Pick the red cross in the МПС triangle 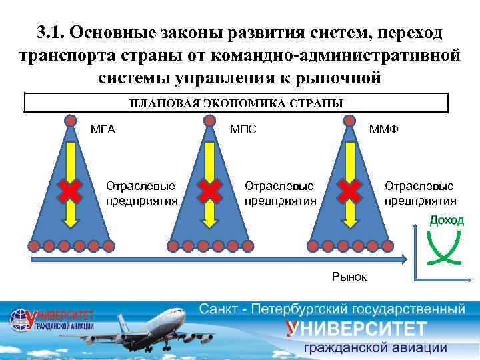pos(209,191)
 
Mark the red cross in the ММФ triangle pos(349,191)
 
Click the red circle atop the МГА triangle pos(71,121)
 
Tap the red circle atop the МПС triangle pos(209,121)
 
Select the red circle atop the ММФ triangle pos(349,121)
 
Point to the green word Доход pos(446,220)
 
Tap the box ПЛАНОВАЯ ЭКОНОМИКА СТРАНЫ pos(235,103)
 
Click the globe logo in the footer pos(22,319)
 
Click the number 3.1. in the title pos(51,33)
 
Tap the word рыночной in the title pos(334,77)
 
